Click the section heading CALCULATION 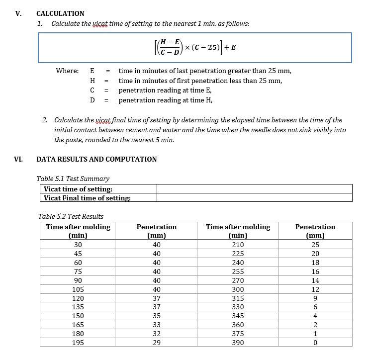pos(60,13)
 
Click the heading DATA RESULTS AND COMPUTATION pos(96,159)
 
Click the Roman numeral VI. pos(19,159)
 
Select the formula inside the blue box pos(195,48)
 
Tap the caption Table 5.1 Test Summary pos(73,179)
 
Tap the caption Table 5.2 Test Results pos(71,216)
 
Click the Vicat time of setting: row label pos(78,189)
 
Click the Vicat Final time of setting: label pos(87,198)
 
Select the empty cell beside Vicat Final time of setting pos(254,198)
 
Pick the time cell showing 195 pos(78,342)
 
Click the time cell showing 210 pos(238,245)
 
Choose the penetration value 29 pos(157,342)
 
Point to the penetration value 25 pos(315,245)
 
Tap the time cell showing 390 pos(238,342)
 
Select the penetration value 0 pos(315,342)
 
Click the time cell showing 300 pos(238,289)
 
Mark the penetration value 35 pos(157,316)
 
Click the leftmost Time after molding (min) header pos(78,231)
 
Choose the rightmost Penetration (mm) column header pos(315,231)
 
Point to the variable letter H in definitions pos(92,81)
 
